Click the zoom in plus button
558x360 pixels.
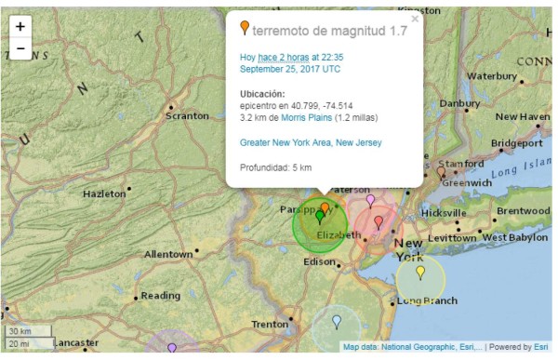point(20,27)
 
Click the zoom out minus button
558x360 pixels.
point(20,48)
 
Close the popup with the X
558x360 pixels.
point(415,18)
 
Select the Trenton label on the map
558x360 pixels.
point(270,324)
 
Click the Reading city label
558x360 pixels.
point(160,296)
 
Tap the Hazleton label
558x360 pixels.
point(104,193)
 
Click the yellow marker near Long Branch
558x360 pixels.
point(420,273)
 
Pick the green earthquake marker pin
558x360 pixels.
point(319,217)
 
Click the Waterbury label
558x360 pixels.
point(491,75)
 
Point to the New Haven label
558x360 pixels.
point(522,117)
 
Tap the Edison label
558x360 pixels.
point(319,261)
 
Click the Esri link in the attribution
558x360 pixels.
point(540,348)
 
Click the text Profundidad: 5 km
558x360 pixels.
point(275,167)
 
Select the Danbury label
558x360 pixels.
point(459,103)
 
